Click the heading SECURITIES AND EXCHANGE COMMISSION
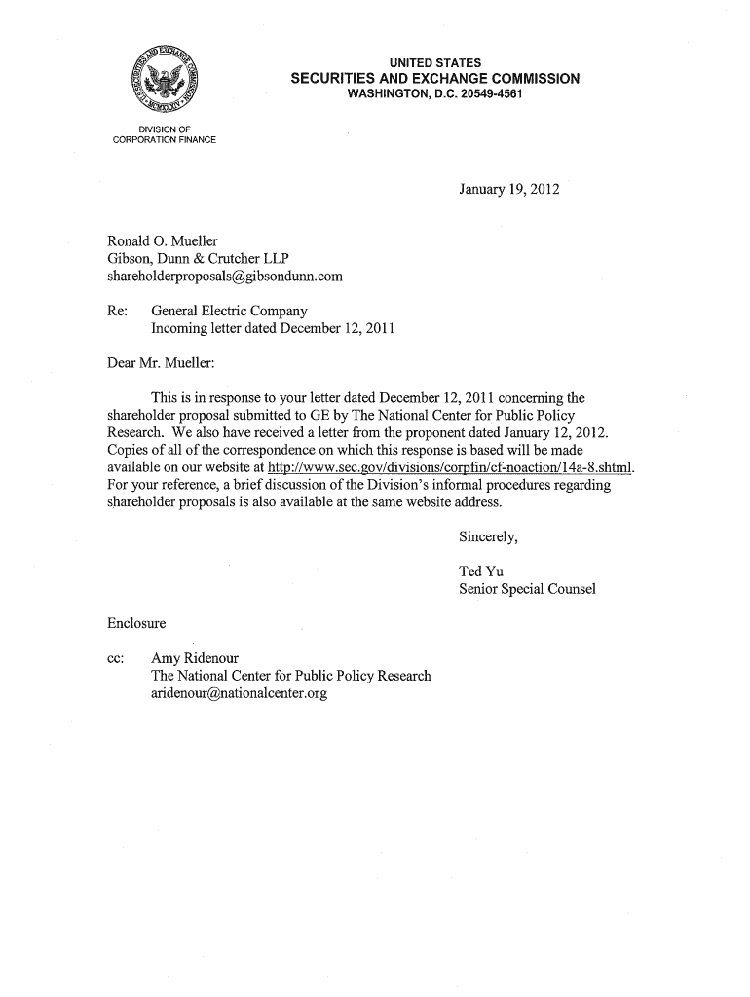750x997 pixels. [435, 79]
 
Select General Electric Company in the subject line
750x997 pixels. [229, 311]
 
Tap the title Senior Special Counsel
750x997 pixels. [527, 589]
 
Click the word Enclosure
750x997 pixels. [136, 622]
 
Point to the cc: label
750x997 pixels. [117, 657]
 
